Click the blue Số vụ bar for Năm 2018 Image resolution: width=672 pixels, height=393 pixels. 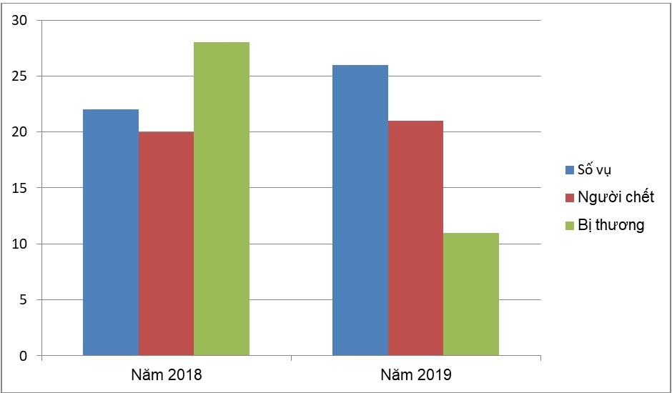[111, 232]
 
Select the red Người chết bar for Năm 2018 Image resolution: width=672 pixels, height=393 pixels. [166, 244]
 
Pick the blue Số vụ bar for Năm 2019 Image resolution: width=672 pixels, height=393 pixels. [360, 210]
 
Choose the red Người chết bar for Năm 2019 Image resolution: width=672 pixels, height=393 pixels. [415, 238]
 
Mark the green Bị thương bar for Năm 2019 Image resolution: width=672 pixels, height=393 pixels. [471, 294]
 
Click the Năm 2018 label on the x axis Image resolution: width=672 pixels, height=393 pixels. [167, 374]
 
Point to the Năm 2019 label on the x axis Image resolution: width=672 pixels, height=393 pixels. [416, 374]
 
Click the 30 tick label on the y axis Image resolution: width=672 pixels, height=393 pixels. [19, 21]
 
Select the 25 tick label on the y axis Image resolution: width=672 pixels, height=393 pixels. [19, 76]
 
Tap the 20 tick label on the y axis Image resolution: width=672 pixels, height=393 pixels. [19, 132]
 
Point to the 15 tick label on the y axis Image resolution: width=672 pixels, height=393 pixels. [19, 188]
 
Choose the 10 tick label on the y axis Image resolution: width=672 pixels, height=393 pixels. [19, 244]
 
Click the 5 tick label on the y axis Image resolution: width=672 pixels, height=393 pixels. [23, 300]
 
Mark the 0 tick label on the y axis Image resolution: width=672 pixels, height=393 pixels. [23, 356]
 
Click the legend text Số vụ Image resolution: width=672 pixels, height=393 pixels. [595, 170]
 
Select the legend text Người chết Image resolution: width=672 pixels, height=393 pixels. [616, 197]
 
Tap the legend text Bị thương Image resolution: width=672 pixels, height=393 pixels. [611, 225]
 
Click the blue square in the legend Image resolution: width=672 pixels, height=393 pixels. [570, 170]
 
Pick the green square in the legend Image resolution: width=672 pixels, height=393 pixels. [570, 225]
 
